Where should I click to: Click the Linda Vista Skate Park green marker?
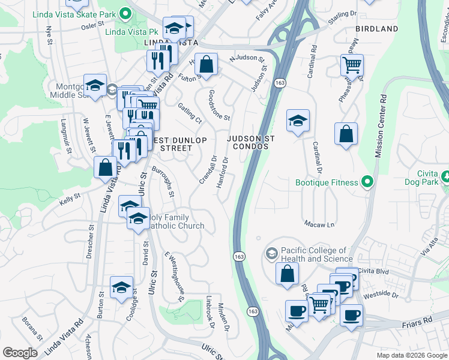[x=125, y=13]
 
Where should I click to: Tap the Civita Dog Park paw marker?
[x=446, y=178]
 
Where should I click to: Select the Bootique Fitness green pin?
[x=369, y=182]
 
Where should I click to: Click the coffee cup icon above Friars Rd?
[x=351, y=314]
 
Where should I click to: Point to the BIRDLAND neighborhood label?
[x=376, y=29]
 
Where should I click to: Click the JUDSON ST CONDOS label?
[x=250, y=142]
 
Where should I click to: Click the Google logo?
[x=20, y=353]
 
